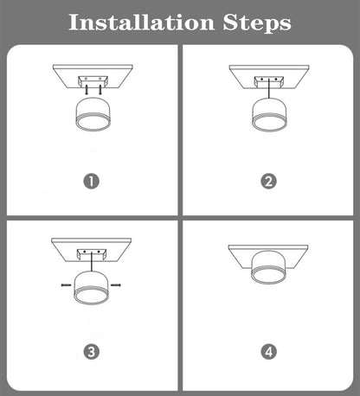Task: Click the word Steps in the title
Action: point(257,22)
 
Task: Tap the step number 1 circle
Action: point(93,181)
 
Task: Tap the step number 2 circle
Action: point(268,181)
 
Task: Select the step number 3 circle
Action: point(93,351)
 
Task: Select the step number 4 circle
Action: point(268,351)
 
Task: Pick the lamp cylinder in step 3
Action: point(92,285)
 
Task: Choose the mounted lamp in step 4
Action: point(269,273)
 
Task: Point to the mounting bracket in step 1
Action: point(93,81)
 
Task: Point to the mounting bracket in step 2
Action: point(269,80)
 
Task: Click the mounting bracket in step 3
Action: point(92,252)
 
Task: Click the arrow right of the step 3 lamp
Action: point(118,284)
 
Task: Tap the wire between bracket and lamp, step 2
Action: point(269,92)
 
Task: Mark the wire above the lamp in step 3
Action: point(92,264)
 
